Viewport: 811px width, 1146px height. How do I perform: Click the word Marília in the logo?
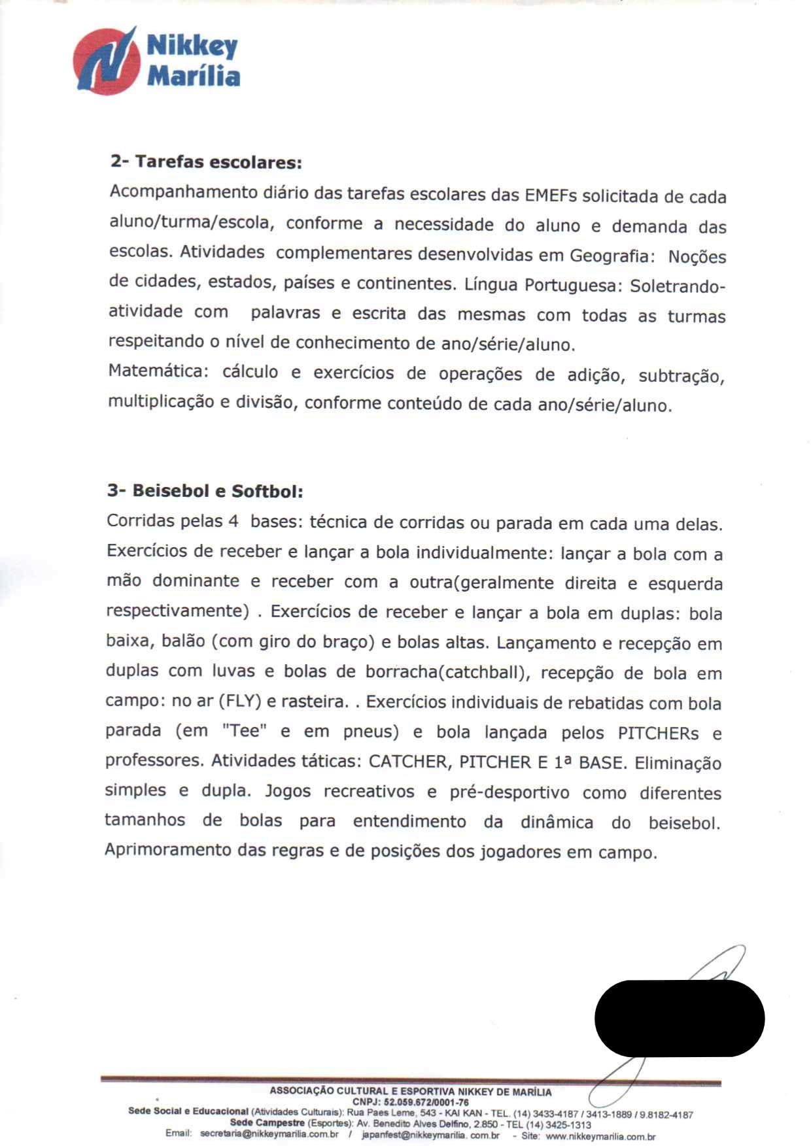click(x=194, y=76)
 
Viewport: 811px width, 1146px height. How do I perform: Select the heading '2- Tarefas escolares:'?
click(x=206, y=161)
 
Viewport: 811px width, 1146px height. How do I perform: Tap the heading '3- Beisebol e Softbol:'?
click(x=205, y=490)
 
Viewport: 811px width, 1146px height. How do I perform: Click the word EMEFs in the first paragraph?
click(x=551, y=195)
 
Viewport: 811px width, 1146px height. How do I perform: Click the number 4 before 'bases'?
click(x=233, y=522)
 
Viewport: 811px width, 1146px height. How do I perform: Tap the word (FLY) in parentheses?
click(x=240, y=701)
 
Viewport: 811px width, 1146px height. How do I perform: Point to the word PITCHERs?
click(x=658, y=733)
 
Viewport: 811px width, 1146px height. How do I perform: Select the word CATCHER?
click(x=408, y=762)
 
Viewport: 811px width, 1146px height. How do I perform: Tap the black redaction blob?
click(x=679, y=1018)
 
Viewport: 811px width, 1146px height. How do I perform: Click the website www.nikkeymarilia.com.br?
click(x=600, y=1137)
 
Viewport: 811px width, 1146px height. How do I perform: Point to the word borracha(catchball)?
click(x=446, y=672)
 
